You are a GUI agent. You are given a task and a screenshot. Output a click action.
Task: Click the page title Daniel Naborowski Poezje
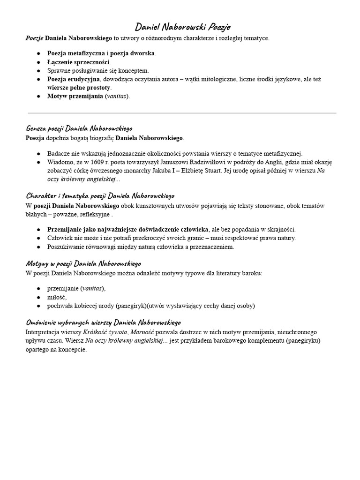coord(183,27)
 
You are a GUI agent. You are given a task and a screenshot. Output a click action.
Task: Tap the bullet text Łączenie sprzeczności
coord(79,62)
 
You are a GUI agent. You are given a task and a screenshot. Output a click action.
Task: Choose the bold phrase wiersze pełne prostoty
coord(79,88)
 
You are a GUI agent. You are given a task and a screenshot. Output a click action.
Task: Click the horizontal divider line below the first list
coord(182,113)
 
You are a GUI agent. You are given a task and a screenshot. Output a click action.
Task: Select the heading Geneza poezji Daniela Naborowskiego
coord(79,128)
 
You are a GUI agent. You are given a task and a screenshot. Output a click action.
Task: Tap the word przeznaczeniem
coord(210,247)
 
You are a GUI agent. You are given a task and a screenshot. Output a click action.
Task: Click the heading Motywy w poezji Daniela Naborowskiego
coord(83,263)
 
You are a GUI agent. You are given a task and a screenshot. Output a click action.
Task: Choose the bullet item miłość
coord(57,297)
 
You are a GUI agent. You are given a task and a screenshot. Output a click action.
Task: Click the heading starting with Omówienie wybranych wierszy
coord(103,323)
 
